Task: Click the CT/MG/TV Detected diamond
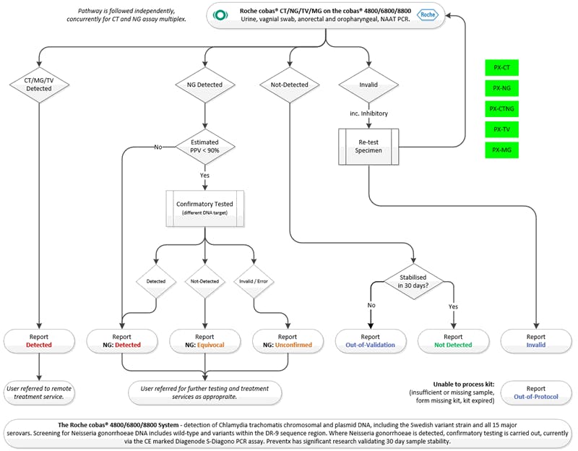[39, 84]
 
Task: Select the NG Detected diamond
[205, 85]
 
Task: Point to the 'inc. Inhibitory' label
[370, 114]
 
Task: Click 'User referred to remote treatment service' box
[39, 392]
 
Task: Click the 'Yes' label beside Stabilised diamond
[453, 306]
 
